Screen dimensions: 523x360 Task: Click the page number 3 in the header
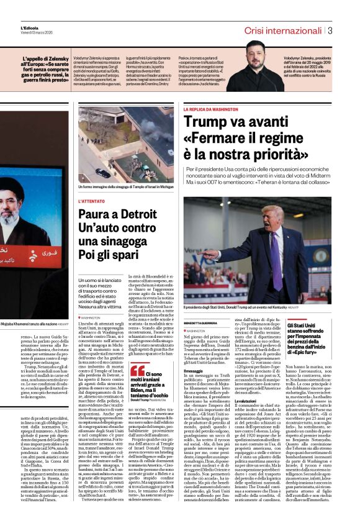[x=330, y=30]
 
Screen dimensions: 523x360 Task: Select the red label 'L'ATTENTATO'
[x=91, y=201]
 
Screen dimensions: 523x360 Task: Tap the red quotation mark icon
[x=137, y=371]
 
